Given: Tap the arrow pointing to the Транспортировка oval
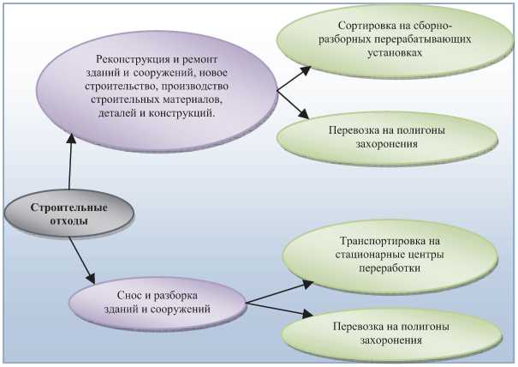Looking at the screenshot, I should pyautogui.click(x=279, y=291).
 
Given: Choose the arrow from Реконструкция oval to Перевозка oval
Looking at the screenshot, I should pyautogui.click(x=293, y=104).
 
